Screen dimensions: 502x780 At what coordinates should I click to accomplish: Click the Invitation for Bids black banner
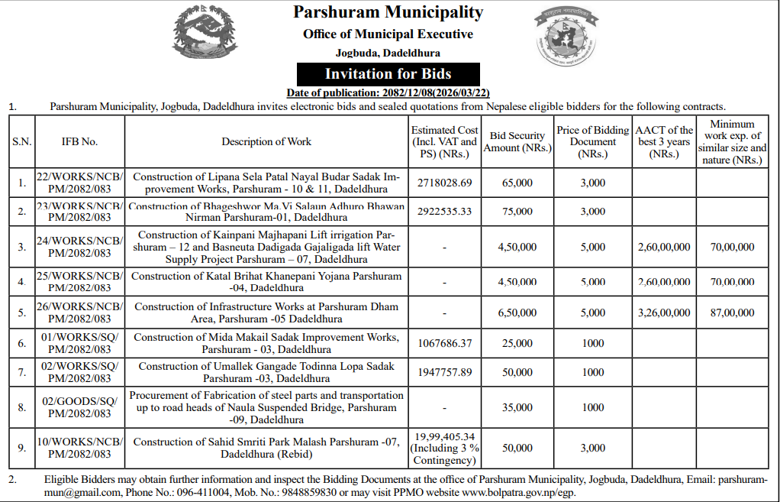[388, 74]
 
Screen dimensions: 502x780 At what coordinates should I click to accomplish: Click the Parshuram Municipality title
[388, 12]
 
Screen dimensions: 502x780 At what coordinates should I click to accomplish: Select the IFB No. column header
[80, 141]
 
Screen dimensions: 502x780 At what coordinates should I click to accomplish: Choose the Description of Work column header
[266, 141]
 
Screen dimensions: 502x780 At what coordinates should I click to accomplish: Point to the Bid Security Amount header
[517, 141]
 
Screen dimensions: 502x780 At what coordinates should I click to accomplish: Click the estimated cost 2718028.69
[445, 183]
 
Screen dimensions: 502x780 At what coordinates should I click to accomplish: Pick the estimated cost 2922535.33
[445, 212]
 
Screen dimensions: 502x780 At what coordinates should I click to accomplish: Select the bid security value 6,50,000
[517, 313]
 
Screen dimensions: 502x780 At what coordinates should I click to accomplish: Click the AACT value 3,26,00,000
[664, 313]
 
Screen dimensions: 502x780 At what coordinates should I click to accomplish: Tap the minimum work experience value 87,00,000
[732, 313]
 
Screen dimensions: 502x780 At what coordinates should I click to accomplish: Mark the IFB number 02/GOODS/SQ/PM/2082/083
[80, 407]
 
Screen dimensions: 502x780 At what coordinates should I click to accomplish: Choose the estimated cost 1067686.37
[445, 343]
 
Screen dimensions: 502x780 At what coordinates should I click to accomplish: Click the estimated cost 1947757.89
[445, 372]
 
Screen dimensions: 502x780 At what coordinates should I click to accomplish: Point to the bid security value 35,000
[517, 407]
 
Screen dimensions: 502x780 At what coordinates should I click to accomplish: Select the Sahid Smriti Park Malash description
[266, 448]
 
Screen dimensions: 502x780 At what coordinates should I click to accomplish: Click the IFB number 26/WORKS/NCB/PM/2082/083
[80, 313]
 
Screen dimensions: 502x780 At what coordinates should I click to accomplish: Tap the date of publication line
[388, 93]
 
